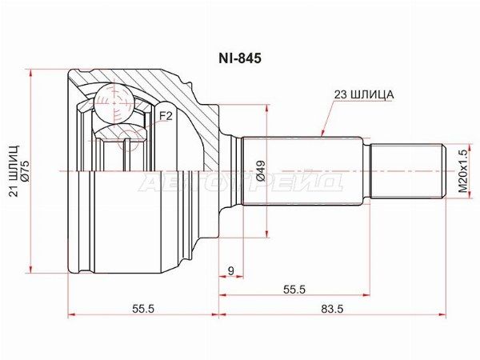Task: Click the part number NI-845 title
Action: click(x=240, y=58)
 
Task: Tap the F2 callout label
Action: click(x=166, y=116)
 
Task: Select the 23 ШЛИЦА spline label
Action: click(x=364, y=95)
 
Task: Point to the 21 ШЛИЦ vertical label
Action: click(x=14, y=171)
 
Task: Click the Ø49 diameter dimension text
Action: click(x=261, y=171)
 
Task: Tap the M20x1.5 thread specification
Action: click(x=463, y=171)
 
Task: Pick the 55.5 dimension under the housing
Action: click(x=143, y=309)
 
